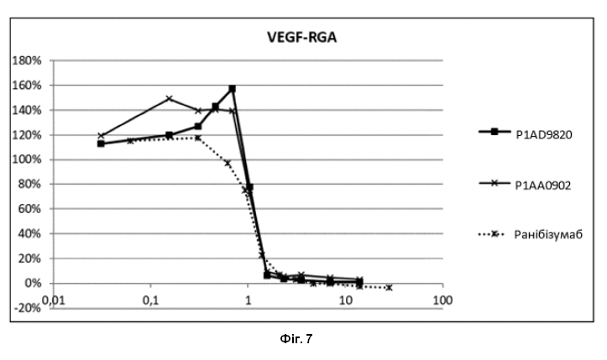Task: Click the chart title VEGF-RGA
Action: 301,37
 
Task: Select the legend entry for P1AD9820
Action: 526,133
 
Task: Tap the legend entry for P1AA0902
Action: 525,185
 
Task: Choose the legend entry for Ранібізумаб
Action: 531,235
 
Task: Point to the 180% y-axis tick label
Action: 27,60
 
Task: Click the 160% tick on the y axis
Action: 27,86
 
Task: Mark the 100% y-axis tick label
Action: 27,160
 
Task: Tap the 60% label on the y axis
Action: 29,209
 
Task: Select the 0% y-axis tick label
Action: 32,284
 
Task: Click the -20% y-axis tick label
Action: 27,308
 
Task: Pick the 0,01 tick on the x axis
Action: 53,300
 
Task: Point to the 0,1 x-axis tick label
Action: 150,300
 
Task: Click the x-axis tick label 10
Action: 345,300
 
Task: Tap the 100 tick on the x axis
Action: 442,300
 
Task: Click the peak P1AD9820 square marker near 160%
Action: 233,89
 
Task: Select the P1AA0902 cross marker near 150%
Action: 169,98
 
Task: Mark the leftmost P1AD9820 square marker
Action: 101,143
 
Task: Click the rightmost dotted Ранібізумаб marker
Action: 389,288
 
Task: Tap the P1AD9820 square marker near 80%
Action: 249,187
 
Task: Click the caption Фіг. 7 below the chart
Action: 296,339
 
